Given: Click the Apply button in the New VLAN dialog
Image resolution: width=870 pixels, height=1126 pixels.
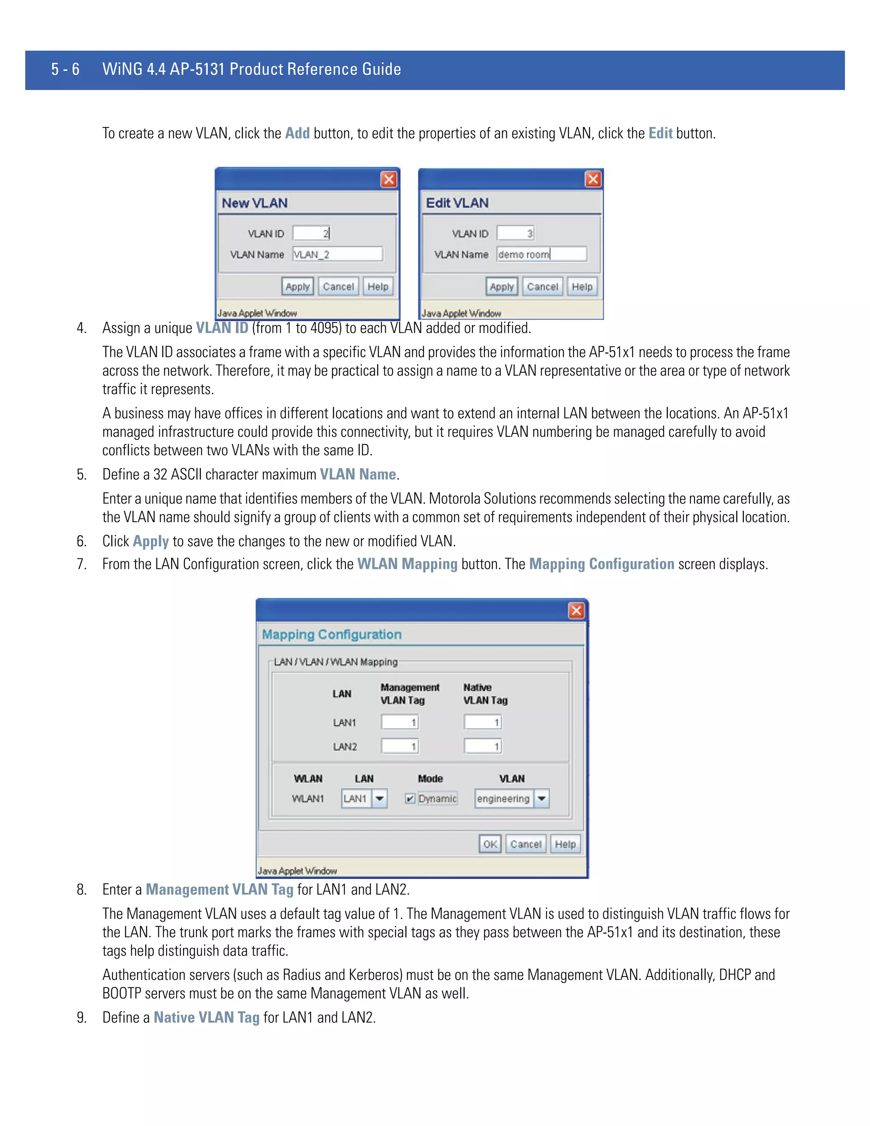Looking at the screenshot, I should (297, 287).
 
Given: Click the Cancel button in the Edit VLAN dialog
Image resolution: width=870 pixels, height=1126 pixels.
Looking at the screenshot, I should (542, 287).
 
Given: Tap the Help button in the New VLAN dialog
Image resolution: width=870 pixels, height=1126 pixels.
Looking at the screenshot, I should (378, 287).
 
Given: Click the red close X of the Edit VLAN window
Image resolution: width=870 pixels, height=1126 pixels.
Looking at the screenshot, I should (593, 179).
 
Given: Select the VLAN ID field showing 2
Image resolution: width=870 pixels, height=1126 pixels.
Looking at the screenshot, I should (311, 233).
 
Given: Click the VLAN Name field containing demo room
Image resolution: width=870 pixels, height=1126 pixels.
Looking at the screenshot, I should (541, 254).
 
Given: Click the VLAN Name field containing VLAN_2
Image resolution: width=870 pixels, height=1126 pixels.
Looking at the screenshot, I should (338, 254).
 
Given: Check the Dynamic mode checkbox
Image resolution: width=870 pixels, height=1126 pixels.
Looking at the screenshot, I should (410, 799).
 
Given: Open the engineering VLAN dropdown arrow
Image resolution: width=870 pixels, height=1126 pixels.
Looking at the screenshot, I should (541, 799).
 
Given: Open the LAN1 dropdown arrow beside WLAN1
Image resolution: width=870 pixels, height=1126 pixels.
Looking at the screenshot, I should (379, 799).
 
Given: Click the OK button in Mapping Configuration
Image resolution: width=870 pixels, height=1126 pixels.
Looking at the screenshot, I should (490, 844).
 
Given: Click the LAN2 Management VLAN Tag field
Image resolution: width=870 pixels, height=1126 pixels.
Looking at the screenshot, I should (399, 746).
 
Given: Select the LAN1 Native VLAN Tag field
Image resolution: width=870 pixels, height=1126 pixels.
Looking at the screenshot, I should (483, 722).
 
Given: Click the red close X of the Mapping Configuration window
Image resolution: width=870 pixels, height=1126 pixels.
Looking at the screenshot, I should (576, 611).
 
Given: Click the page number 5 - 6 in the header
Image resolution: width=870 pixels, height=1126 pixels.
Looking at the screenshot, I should (65, 69).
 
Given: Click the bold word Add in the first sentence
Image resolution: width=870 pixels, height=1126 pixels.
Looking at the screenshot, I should (297, 133).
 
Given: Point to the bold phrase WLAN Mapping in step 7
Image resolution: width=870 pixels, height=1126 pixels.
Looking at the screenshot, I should (407, 564).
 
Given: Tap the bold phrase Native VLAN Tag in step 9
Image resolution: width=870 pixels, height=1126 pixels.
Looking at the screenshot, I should (207, 1017).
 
